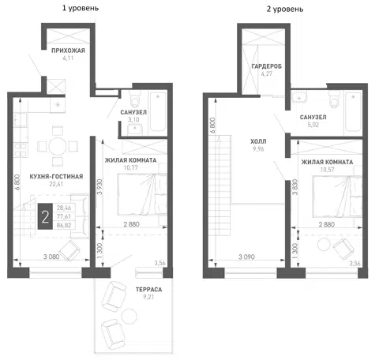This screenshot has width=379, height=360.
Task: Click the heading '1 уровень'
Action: point(81,9)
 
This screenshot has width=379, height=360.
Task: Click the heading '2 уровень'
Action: point(285,9)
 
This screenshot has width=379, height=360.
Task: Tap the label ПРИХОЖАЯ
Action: point(68,51)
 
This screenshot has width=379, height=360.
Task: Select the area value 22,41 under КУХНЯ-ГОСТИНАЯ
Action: point(56,184)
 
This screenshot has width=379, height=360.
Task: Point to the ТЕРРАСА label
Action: point(148,290)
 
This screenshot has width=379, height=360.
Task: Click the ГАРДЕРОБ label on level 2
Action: point(267,66)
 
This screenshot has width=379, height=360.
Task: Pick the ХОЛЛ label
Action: point(258,141)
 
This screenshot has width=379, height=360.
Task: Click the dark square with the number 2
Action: point(45,216)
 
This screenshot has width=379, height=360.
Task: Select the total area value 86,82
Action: point(64,225)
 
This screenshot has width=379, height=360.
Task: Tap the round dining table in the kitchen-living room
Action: point(58,146)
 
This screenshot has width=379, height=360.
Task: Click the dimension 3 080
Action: point(51,257)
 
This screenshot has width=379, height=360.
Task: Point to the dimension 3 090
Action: point(246,257)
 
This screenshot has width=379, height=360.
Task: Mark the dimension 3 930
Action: point(99,187)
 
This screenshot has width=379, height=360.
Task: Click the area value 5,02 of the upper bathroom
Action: point(313,125)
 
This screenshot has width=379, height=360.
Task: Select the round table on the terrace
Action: point(129,316)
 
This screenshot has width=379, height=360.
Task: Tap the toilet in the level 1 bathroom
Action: point(135,99)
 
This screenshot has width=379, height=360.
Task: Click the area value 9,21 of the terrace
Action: point(148,297)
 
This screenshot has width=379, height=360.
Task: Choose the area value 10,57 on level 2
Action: point(327,170)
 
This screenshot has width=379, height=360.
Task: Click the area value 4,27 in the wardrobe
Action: point(267,73)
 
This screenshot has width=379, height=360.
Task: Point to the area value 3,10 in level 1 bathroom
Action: point(133,120)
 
